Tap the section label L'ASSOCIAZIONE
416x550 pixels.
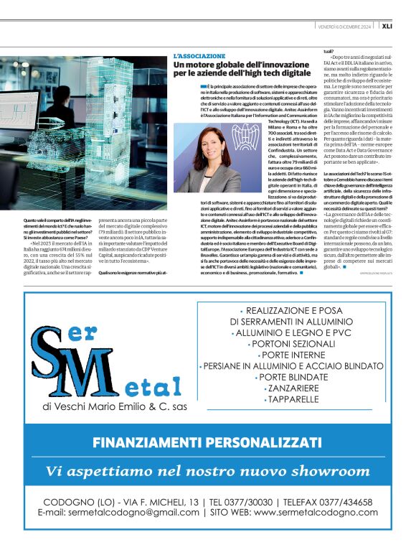click(x=199, y=55)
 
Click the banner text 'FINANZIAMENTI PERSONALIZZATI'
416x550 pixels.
click(x=208, y=441)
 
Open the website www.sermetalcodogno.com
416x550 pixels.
click(x=316, y=513)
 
